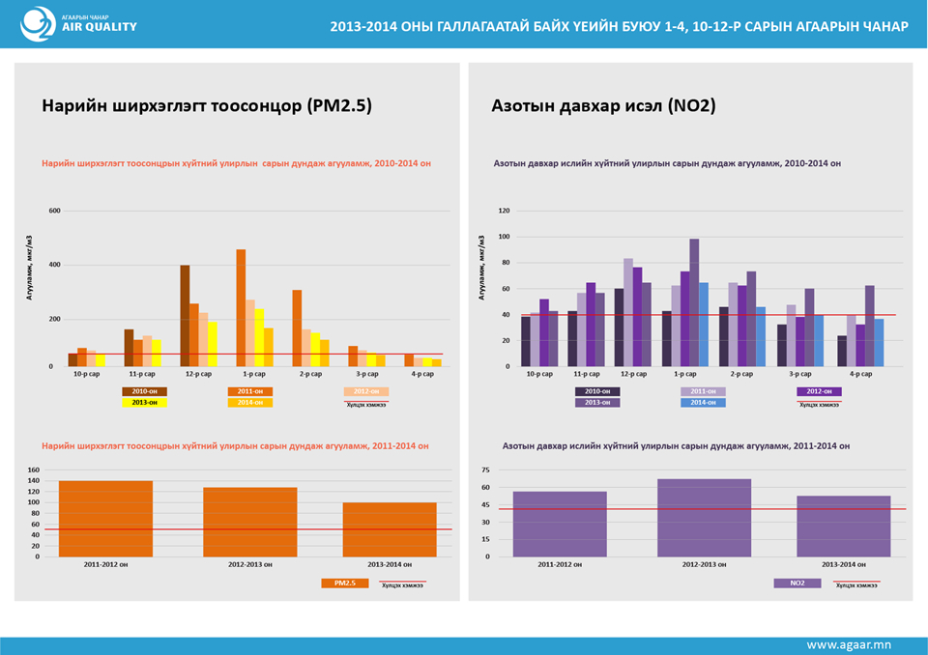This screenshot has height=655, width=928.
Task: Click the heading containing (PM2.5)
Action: pyautogui.click(x=206, y=106)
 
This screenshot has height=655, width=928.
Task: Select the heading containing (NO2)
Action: pyautogui.click(x=603, y=106)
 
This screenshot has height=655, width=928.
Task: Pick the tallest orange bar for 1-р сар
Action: pyautogui.click(x=241, y=308)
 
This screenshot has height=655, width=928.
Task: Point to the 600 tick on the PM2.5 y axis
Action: pyautogui.click(x=54, y=211)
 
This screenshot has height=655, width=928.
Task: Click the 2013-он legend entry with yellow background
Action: pyautogui.click(x=145, y=402)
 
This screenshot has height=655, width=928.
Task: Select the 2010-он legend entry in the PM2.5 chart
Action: pyautogui.click(x=145, y=391)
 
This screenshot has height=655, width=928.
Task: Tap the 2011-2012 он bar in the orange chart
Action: pyautogui.click(x=105, y=519)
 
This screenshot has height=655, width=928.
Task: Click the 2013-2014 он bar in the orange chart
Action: pyautogui.click(x=390, y=529)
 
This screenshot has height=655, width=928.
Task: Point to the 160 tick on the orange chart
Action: pyautogui.click(x=34, y=470)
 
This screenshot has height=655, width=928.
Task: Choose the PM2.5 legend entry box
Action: pyautogui.click(x=345, y=584)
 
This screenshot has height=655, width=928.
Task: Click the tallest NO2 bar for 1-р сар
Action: pyautogui.click(x=694, y=302)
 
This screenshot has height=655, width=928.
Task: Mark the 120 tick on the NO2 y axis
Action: pyautogui.click(x=504, y=211)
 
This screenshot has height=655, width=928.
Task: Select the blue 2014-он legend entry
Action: pyautogui.click(x=705, y=402)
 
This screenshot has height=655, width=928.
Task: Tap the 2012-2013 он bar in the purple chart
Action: pyautogui.click(x=704, y=518)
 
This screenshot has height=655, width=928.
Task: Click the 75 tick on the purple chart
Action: pyautogui.click(x=486, y=470)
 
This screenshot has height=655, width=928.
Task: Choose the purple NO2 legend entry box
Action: pyautogui.click(x=797, y=584)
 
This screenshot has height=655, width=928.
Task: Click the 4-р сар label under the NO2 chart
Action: pyautogui.click(x=859, y=373)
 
